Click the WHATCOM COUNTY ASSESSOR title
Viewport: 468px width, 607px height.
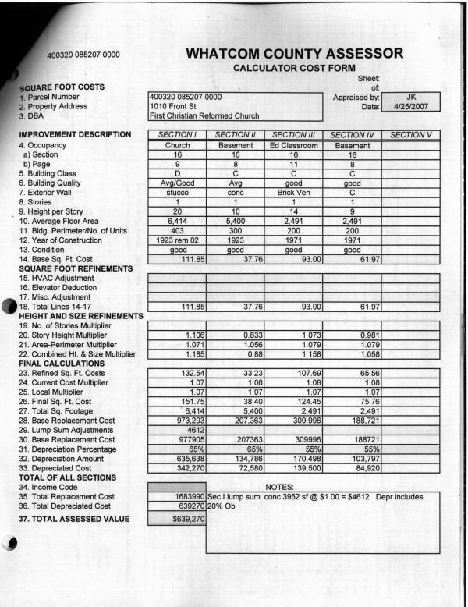coord(297,55)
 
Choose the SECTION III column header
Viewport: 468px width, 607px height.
coord(293,135)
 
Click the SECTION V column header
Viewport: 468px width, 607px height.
coord(410,135)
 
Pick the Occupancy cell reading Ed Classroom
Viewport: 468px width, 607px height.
coord(293,145)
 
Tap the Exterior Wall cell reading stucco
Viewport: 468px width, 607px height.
coord(177,188)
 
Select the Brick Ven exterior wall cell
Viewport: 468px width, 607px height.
coord(293,188)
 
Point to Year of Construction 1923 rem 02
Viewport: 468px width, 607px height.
coord(177,242)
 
